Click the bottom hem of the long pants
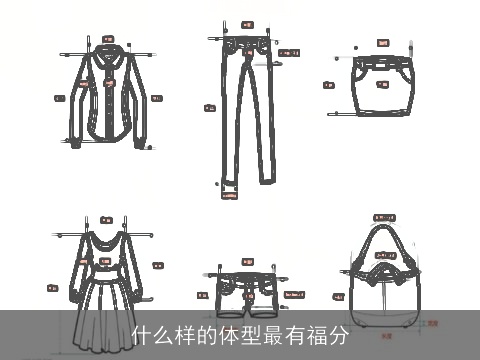point(229,183)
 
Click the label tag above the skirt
point(382,42)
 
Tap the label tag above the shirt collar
point(107,39)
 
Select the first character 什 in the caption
point(142,336)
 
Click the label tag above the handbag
point(384,217)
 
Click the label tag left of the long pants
point(210,107)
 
